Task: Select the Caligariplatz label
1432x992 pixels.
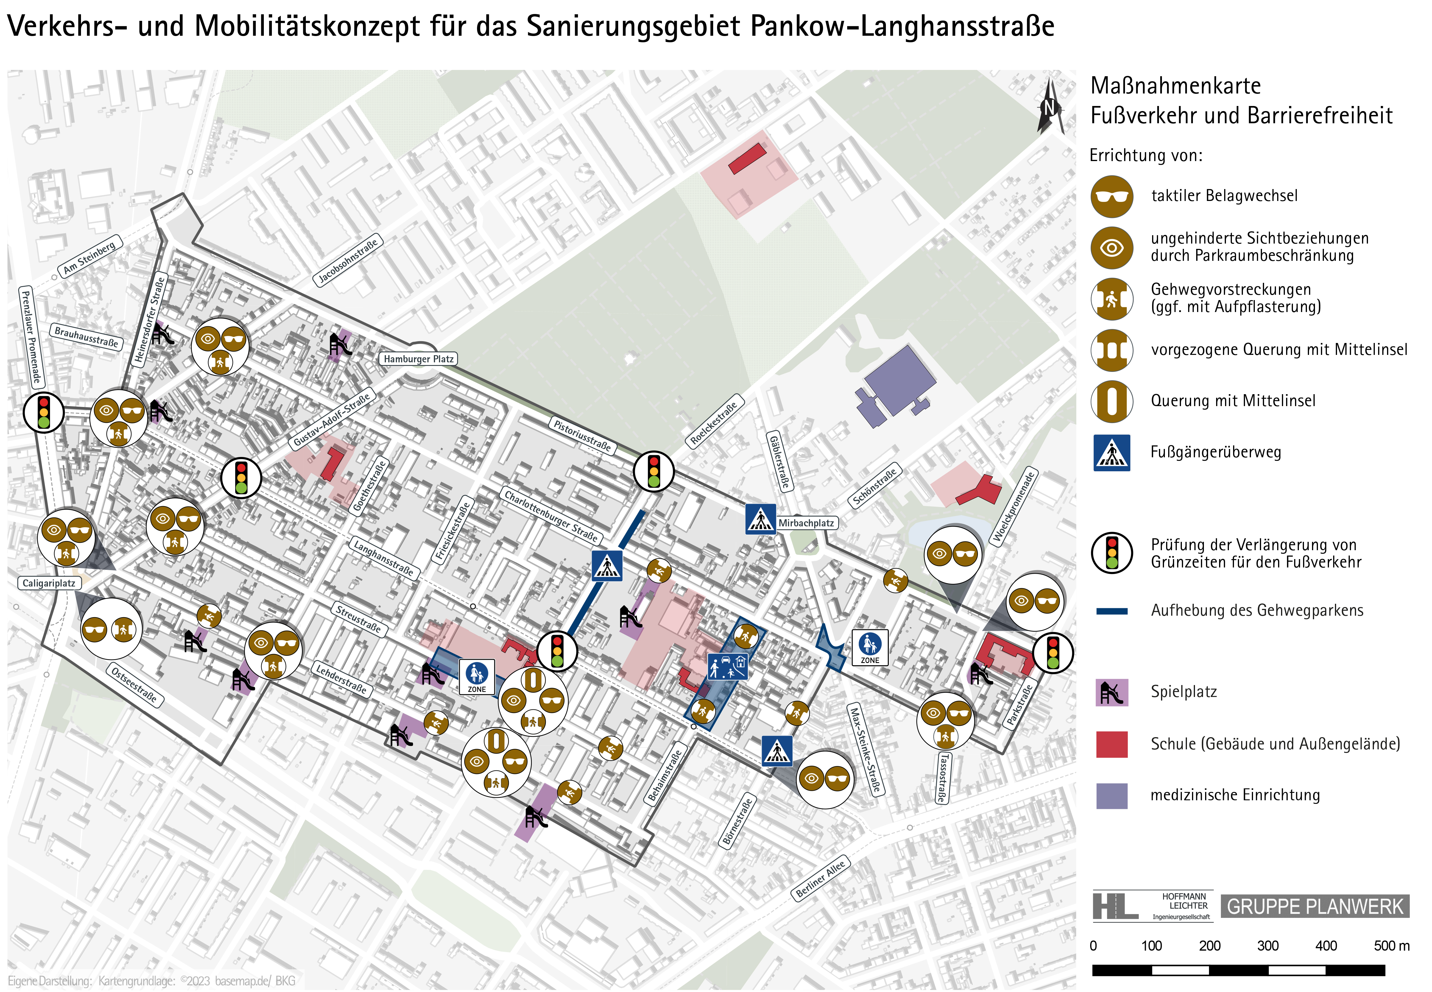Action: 49,583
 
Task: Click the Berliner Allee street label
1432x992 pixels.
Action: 820,878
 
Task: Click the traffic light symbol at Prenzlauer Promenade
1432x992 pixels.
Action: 43,412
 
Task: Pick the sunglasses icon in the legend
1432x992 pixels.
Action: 1111,196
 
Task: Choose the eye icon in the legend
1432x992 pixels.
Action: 1111,247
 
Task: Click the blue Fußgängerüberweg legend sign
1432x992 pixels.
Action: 1111,453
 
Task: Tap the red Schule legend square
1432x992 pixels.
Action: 1111,744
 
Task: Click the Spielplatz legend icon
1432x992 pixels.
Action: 1111,692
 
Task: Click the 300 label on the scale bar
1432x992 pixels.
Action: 1267,945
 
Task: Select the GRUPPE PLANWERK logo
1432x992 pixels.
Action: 1315,906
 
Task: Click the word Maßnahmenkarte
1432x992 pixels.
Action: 1175,86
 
